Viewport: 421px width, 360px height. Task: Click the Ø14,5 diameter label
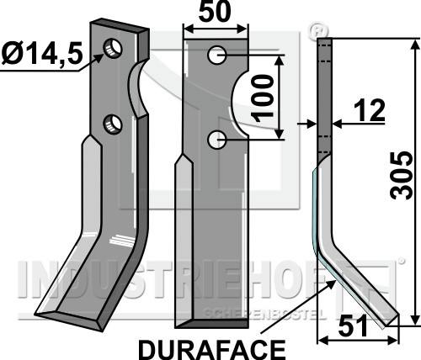pos(42,54)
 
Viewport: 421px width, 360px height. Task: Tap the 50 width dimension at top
pos(215,12)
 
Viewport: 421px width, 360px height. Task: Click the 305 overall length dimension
pos(402,176)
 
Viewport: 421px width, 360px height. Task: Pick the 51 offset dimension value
pos(353,326)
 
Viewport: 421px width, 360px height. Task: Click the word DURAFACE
pos(212,350)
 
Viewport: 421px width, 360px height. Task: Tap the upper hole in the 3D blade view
pos(113,48)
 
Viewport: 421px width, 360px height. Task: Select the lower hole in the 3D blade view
pos(113,124)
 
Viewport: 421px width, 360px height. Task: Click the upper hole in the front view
pos(217,55)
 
